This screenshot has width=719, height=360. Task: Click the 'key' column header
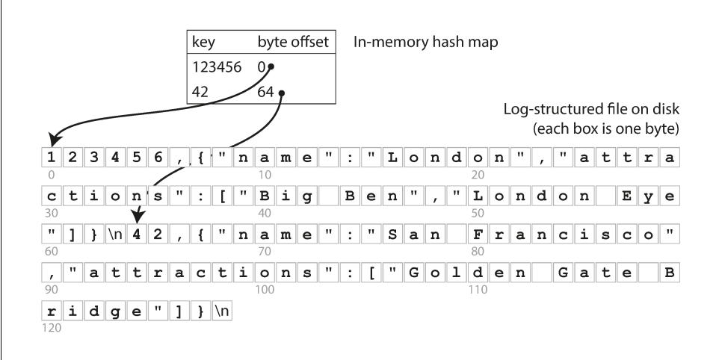[204, 43]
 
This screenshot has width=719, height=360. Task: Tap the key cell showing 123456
[217, 67]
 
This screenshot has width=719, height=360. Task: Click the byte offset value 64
[265, 93]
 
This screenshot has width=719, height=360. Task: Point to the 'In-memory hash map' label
[425, 43]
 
